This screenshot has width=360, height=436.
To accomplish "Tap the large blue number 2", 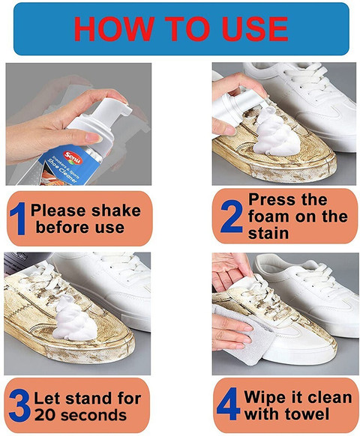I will [229, 217].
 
